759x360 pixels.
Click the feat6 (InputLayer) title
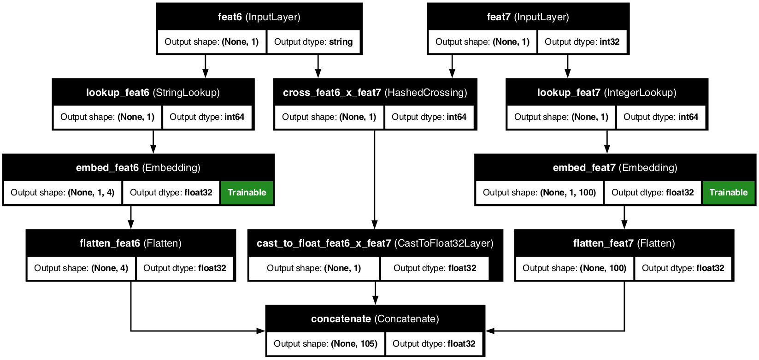[x=259, y=17]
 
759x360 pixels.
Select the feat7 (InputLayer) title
[x=528, y=17]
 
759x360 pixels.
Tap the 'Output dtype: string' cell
[x=313, y=42]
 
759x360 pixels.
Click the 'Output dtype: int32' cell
[x=582, y=42]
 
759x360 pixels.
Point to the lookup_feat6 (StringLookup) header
[x=153, y=93]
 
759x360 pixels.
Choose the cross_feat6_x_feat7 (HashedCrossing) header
[x=375, y=93]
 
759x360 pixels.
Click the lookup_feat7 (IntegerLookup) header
[x=606, y=93]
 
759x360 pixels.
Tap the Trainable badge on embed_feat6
[x=247, y=193]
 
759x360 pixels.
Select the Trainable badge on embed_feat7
[x=728, y=193]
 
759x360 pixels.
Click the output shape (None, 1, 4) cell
[x=63, y=193]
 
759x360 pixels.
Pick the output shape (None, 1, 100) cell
[x=539, y=193]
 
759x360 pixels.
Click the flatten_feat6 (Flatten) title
[x=130, y=243]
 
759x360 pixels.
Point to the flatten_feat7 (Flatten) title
[x=624, y=243]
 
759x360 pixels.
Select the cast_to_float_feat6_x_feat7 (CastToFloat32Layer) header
[x=375, y=243]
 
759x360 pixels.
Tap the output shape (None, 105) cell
[x=325, y=344]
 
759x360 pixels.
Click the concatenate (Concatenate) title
[x=375, y=319]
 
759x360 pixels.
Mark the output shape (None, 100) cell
[x=574, y=268]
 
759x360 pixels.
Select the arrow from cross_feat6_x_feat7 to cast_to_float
[x=375, y=180]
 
